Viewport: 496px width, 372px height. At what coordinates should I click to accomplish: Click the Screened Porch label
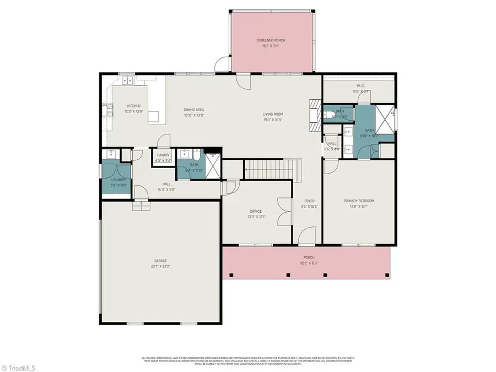tap(271, 41)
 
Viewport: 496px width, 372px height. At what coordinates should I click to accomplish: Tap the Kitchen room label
tap(134, 106)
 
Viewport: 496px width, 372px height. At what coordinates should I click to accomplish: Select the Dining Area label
tap(194, 110)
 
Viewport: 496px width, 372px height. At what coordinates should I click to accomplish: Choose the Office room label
tap(255, 211)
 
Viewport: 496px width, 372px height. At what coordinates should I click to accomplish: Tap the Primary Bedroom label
tap(359, 201)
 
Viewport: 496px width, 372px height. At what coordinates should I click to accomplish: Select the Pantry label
tap(163, 155)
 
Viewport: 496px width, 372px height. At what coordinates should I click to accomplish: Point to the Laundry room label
tap(118, 180)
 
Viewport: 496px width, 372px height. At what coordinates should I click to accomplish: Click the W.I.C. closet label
tap(362, 86)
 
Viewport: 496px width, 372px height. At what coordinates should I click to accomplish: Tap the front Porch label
tap(309, 257)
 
